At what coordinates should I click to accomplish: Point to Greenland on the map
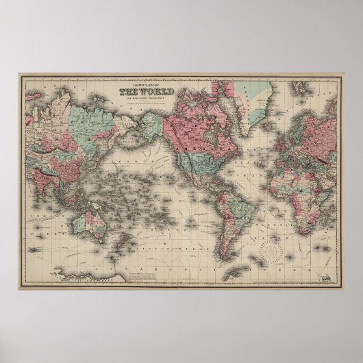pos(256,96)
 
